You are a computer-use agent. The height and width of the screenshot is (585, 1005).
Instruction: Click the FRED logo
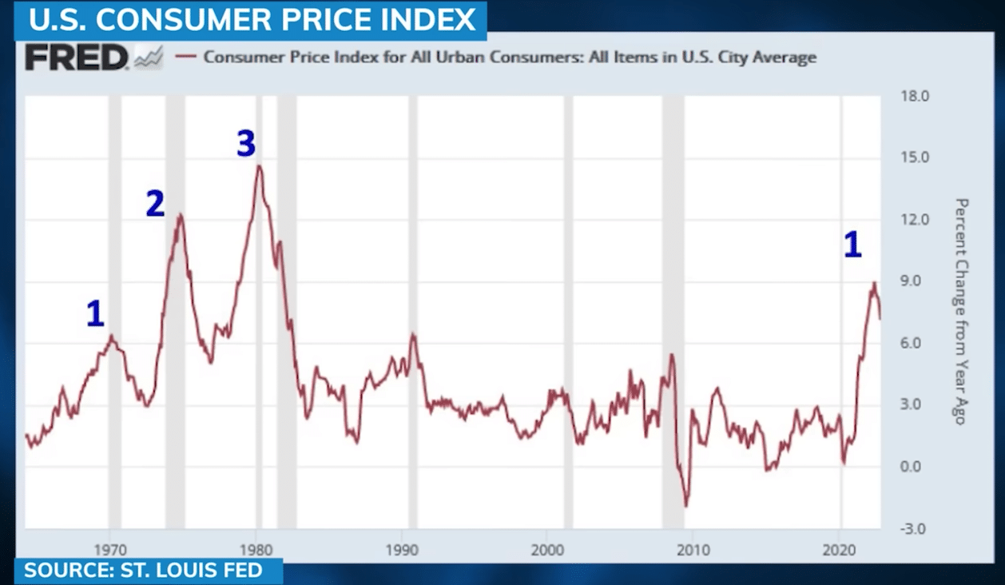[76, 58]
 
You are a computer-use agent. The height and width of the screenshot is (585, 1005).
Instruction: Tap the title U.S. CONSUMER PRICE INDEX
[252, 20]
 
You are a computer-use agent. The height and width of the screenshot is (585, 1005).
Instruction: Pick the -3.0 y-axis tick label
[914, 529]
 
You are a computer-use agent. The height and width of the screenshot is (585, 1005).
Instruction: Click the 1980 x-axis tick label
[256, 551]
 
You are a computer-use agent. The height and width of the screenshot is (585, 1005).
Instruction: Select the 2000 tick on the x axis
[547, 551]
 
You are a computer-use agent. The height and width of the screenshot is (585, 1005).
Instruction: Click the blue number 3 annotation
[246, 144]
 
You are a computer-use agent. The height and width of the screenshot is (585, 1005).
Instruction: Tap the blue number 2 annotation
[155, 205]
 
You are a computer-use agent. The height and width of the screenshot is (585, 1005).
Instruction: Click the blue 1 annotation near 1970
[95, 314]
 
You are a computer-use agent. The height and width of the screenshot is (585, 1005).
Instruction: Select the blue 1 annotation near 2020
[853, 245]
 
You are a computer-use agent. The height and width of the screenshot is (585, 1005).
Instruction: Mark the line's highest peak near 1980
[259, 166]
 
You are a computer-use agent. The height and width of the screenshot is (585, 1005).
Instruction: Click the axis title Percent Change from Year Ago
[961, 312]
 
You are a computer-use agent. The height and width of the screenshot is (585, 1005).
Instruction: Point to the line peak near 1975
[180, 214]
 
